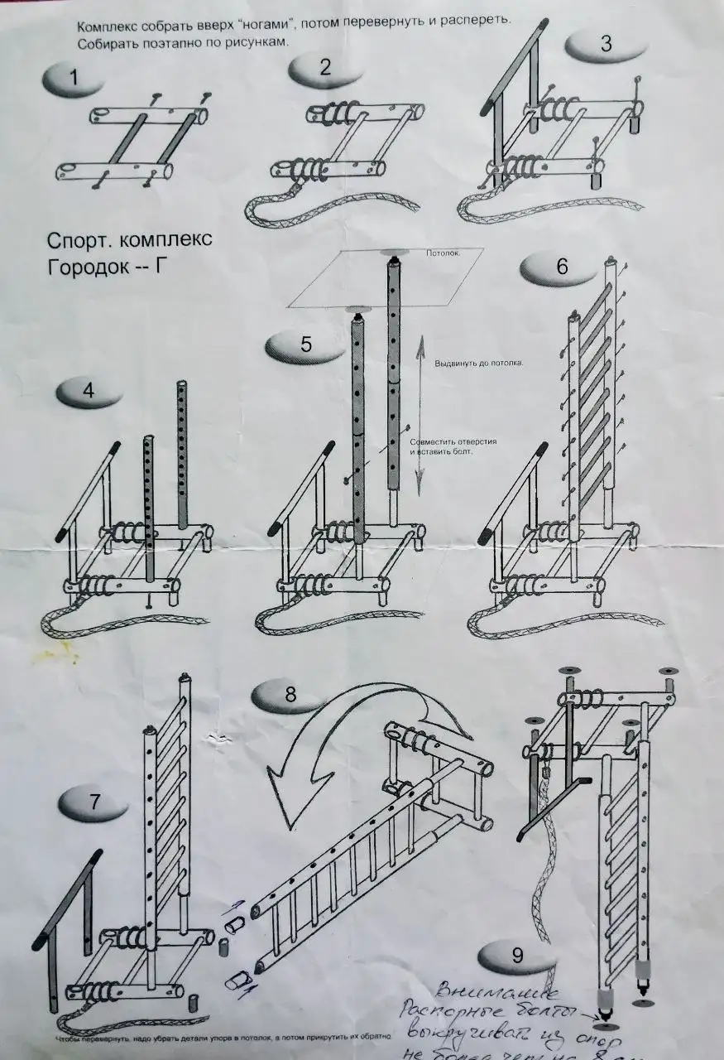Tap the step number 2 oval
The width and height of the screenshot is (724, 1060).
[324, 68]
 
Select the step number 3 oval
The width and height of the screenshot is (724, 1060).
[604, 44]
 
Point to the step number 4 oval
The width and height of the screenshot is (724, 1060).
[89, 391]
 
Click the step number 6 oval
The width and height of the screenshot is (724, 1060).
[560, 267]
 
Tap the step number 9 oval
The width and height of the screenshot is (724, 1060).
[517, 955]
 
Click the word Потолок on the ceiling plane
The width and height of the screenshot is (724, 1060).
[443, 253]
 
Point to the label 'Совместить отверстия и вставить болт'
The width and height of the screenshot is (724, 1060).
[453, 446]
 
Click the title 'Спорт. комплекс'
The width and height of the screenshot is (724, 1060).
[129, 240]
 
